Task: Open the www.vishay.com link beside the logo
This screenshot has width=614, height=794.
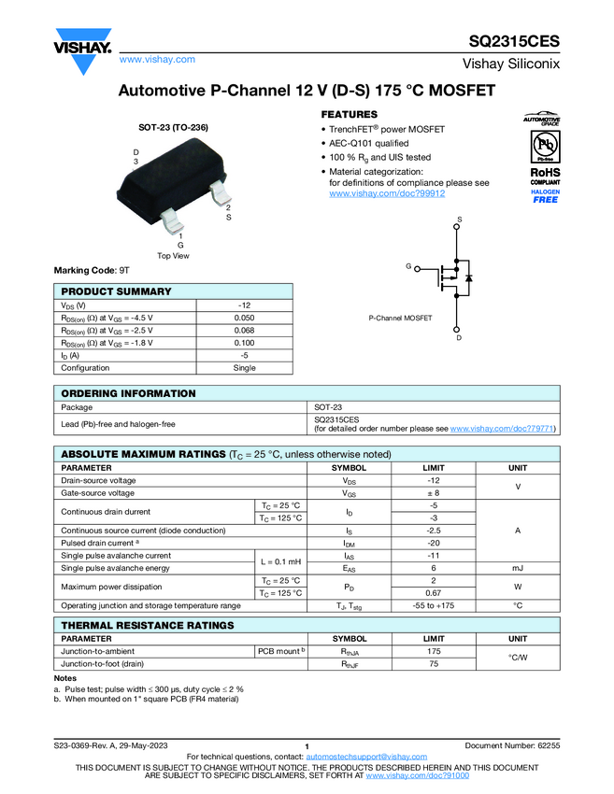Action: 157,59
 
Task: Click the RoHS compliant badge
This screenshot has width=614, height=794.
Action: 545,177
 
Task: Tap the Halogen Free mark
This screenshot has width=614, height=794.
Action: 545,195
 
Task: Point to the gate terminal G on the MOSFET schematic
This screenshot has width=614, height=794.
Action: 408,267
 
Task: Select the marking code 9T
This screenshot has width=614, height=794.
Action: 123,270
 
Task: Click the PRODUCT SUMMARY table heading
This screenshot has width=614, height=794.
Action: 116,291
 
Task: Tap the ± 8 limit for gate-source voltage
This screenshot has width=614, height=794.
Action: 434,492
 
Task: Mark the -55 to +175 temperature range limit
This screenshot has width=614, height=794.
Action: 434,605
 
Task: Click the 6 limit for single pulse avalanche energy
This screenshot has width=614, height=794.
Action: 434,568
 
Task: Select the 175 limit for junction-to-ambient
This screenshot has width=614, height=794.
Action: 434,651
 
